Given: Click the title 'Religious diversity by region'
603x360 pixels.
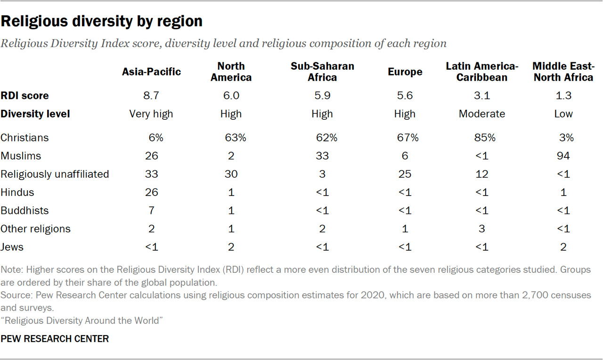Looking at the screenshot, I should [x=102, y=21].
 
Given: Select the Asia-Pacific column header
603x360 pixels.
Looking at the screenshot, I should [x=151, y=72].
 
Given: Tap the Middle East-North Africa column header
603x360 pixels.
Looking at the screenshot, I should [x=563, y=72].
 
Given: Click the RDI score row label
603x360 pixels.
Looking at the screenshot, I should [x=24, y=96].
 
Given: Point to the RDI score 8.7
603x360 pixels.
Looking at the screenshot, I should [x=152, y=96].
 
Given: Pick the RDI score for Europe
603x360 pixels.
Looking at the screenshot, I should [x=405, y=96].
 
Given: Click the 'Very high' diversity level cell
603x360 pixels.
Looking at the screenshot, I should [x=152, y=114].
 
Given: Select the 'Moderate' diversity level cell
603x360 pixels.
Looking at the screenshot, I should [x=482, y=114].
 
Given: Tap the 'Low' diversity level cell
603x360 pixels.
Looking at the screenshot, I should [x=563, y=114].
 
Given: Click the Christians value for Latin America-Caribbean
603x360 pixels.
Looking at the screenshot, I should [x=484, y=138].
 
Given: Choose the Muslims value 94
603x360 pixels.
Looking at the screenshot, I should [x=563, y=156].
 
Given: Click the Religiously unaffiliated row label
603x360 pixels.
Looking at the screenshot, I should [x=55, y=174].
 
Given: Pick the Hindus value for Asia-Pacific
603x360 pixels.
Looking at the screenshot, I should [x=152, y=192].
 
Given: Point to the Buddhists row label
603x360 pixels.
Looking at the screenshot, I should [x=24, y=211].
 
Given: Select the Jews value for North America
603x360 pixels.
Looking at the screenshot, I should [x=231, y=247].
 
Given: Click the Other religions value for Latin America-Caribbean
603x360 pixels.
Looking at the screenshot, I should [x=482, y=229].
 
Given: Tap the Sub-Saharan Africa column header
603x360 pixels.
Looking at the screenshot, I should [x=322, y=72].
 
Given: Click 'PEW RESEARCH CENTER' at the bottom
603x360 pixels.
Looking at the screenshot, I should [x=55, y=339].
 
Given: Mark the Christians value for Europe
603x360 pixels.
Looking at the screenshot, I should [x=407, y=138].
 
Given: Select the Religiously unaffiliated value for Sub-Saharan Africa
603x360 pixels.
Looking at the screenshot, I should [x=322, y=174].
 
